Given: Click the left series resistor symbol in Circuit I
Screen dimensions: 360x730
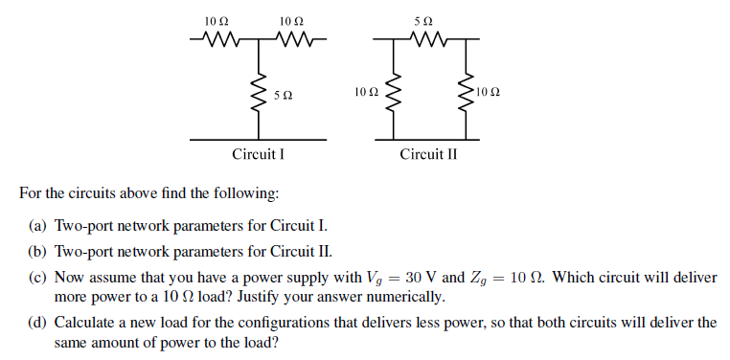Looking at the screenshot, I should coord(217,40).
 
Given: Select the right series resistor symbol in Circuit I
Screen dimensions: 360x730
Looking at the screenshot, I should coord(291,40).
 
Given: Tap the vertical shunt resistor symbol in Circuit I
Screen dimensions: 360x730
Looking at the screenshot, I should coord(256,93).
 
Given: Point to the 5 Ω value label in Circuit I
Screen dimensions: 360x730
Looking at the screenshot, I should coord(282,96).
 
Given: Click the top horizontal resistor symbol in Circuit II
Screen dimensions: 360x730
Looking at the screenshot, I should coord(427,40).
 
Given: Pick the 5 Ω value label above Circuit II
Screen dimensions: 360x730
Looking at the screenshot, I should coord(427,20).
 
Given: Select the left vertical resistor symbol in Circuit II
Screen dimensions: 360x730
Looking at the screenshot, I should coord(389,93).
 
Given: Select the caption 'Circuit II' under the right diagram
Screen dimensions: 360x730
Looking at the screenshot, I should coord(428,154).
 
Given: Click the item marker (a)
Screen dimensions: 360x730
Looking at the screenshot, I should coord(41,226).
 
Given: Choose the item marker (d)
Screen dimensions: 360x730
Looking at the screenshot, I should coord(41,323).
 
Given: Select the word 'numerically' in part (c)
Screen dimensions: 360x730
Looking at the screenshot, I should coord(408,297).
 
